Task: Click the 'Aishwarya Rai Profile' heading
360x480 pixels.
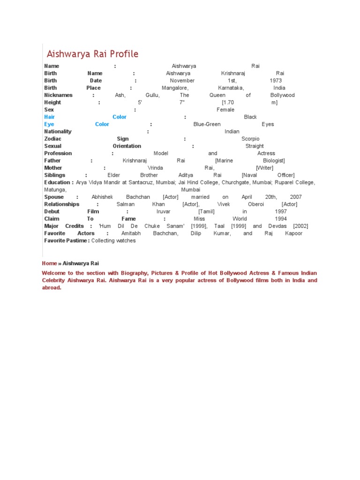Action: pos(92,54)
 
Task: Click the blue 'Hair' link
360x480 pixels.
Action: pos(49,117)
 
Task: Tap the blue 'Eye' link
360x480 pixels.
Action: pos(49,124)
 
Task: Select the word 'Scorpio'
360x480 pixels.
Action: pos(250,139)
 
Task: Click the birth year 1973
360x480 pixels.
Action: pos(276,81)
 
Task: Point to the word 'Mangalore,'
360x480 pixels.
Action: pos(175,88)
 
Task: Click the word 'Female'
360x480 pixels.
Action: pos(225,110)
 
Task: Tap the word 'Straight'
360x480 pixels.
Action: pos(255,146)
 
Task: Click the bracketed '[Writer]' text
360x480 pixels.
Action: pos(264,168)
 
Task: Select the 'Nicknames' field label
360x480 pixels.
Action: pos(58,95)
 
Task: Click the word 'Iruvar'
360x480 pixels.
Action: pos(164,211)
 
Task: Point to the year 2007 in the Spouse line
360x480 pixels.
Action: pos(296,197)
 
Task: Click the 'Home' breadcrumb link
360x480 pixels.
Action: pos(49,263)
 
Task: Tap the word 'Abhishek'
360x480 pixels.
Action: pos(102,197)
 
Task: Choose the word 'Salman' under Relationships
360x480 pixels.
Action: pos(125,204)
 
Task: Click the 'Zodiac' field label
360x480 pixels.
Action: pos(52,139)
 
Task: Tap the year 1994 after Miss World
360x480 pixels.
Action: pos(281,219)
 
